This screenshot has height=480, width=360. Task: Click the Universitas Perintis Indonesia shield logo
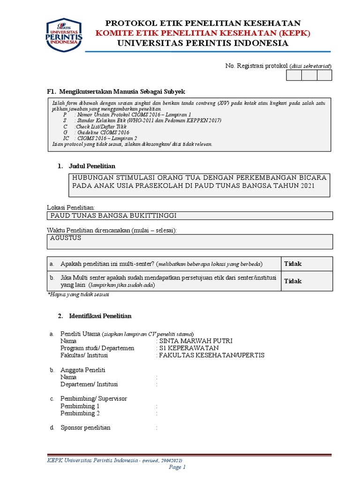click(x=64, y=35)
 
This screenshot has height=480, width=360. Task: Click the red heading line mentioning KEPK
click(x=203, y=33)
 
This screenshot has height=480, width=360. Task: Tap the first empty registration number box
click(x=294, y=75)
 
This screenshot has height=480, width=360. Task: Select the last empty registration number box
click(x=324, y=75)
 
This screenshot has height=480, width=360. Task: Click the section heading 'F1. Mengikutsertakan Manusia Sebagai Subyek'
click(x=113, y=91)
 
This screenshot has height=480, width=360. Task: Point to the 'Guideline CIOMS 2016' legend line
click(x=97, y=132)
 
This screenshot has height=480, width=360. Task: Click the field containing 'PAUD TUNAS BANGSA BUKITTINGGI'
click(x=114, y=216)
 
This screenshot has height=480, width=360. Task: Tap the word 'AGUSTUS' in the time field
click(x=66, y=238)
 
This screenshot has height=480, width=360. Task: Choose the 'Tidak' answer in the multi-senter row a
click(x=293, y=264)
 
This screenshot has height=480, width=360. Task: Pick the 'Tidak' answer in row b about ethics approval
click(x=293, y=281)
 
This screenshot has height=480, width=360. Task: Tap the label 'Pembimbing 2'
click(x=80, y=413)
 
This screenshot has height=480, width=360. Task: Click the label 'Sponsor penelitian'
click(x=85, y=427)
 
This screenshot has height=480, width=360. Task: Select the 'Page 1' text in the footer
click(x=178, y=467)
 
